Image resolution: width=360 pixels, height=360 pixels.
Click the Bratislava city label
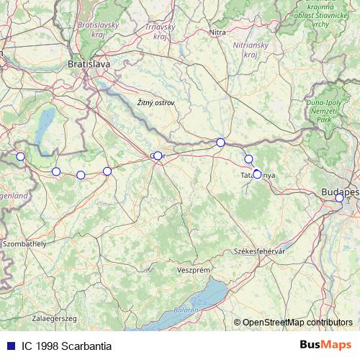[89, 64]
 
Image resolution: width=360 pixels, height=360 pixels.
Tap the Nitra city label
[217, 32]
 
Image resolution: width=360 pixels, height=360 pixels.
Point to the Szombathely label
[24, 244]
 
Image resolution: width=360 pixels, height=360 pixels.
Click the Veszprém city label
[192, 269]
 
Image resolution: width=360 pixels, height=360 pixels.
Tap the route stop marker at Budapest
[339, 198]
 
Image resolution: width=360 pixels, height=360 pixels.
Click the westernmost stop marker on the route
[20, 156]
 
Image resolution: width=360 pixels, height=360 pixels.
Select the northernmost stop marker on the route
[220, 143]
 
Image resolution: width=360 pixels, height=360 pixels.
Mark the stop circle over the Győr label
[158, 156]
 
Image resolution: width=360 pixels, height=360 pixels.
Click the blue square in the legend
[10, 346]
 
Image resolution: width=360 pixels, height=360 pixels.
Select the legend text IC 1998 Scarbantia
[66, 346]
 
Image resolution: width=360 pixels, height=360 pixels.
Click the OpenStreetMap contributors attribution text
[297, 322]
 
